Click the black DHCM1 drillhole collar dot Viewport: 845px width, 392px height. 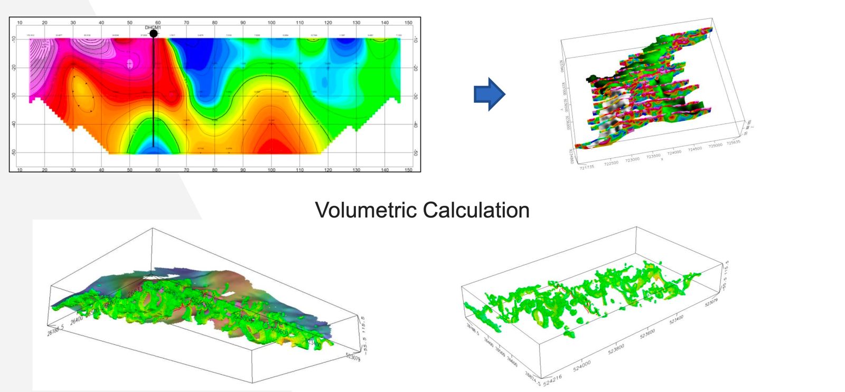click(x=153, y=34)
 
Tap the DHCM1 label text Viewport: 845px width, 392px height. click(x=153, y=27)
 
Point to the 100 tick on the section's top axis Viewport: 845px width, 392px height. click(x=271, y=23)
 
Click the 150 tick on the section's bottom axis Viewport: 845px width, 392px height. click(x=408, y=170)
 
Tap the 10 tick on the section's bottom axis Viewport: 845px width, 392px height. click(x=20, y=170)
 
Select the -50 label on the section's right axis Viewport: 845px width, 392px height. click(x=416, y=152)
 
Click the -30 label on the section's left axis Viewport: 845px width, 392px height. click(x=14, y=95)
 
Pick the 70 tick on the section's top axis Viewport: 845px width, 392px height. click(x=186, y=23)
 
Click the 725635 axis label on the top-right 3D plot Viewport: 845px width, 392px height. click(x=733, y=142)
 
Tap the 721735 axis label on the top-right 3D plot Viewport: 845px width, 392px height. click(x=586, y=167)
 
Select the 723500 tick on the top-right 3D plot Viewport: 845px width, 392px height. click(x=653, y=157)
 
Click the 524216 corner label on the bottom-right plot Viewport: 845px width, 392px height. click(x=552, y=379)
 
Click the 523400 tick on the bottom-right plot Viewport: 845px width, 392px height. click(x=676, y=319)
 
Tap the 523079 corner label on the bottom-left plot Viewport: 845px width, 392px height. click(x=353, y=357)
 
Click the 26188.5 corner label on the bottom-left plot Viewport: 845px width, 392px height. click(x=55, y=330)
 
